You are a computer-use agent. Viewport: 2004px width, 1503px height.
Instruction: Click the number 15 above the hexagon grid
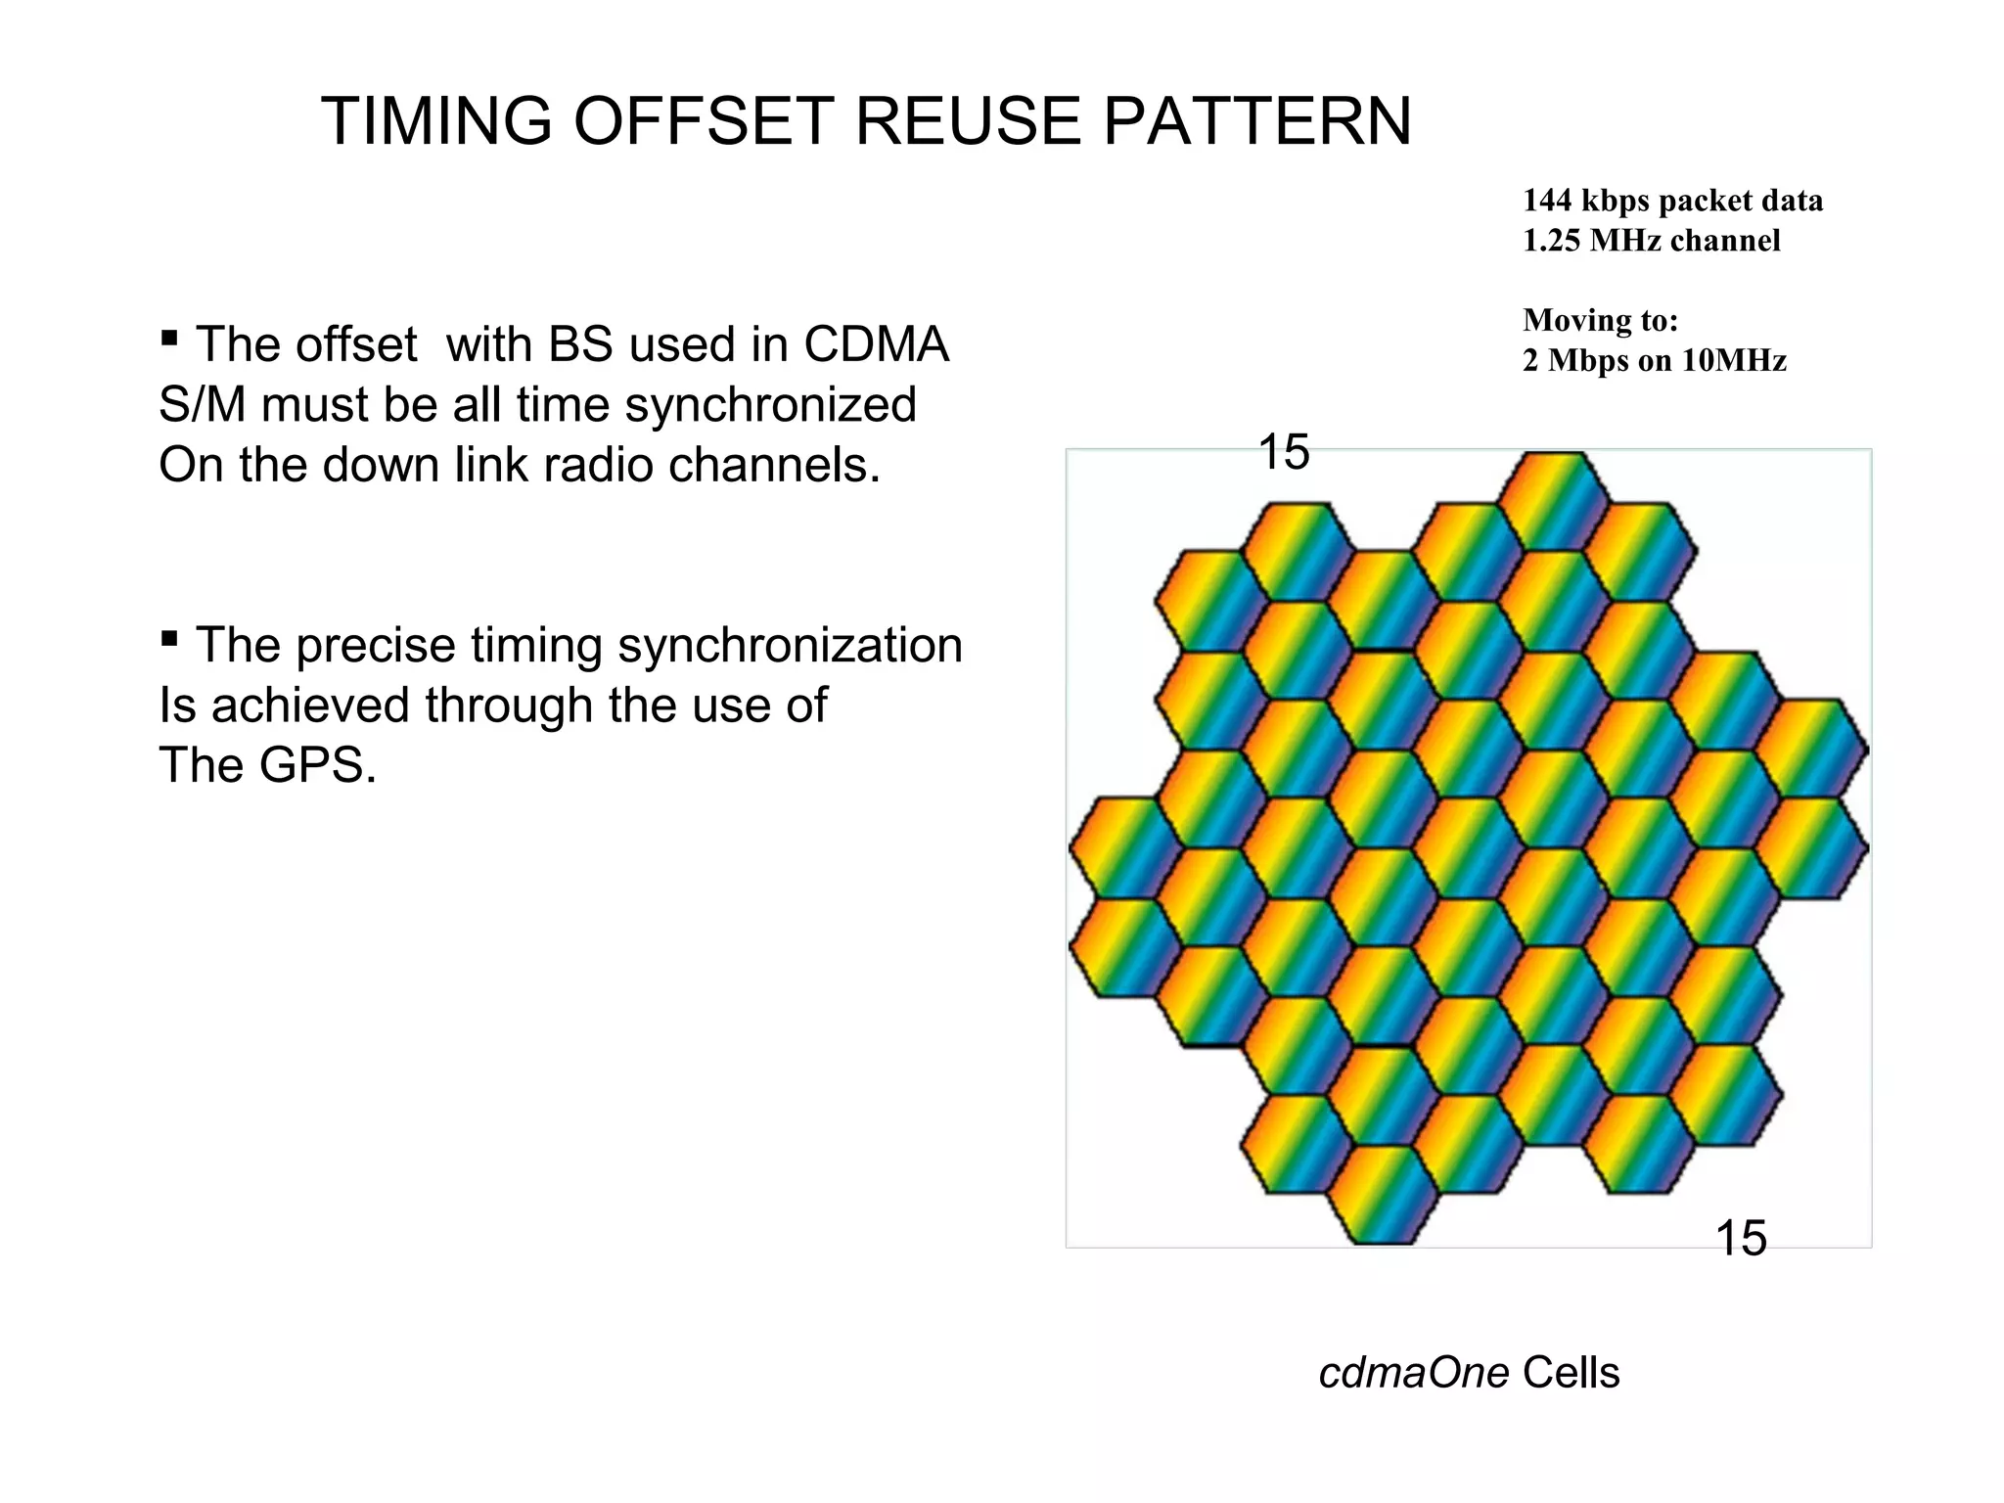1283,453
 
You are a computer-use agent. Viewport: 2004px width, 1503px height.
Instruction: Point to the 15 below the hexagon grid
1741,1239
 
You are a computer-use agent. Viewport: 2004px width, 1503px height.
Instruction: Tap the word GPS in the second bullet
317,765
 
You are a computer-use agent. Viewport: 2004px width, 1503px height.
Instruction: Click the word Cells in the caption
1571,1373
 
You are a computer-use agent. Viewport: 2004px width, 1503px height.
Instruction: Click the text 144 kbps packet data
1672,201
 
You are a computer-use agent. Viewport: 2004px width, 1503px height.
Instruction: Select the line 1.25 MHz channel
1651,241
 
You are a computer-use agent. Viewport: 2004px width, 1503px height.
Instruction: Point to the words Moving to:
1600,320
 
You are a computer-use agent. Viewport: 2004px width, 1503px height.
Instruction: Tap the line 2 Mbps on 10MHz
1654,361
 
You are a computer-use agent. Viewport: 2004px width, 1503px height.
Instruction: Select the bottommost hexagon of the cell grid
1383,1195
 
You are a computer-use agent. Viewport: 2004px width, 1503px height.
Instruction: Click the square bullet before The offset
169,340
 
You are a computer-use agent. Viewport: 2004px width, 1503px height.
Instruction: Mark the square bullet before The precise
169,640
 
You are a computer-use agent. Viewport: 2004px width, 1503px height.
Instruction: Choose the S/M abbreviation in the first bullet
202,405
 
